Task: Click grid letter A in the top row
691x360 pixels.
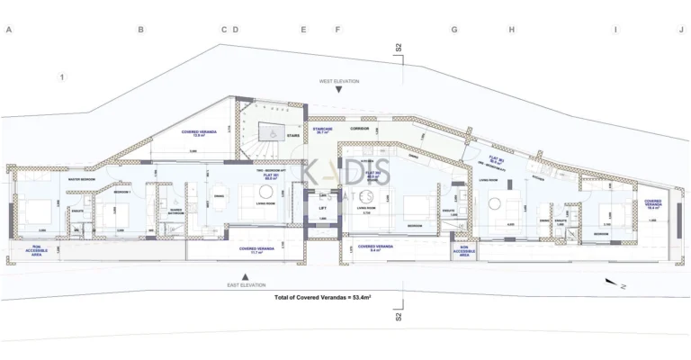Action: (8, 30)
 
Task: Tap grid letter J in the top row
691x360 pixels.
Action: (681, 30)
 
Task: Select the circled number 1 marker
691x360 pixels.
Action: (62, 77)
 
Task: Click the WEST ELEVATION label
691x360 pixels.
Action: (338, 81)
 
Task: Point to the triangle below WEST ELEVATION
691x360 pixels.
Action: (338, 91)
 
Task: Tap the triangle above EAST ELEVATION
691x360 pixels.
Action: (246, 275)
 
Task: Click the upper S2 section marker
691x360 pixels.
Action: (399, 49)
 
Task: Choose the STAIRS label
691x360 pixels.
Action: (292, 138)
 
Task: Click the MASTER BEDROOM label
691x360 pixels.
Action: (83, 178)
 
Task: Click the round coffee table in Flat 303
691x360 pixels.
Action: (493, 204)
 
